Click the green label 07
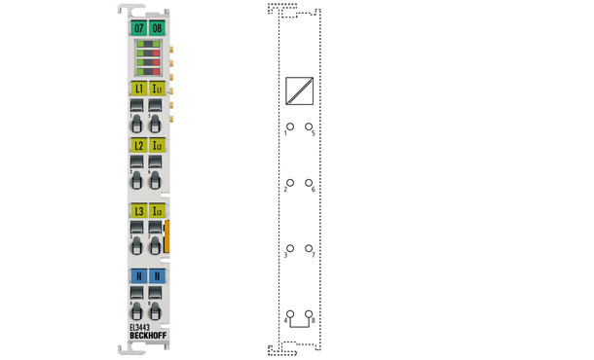point(139,28)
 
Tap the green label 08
point(156,28)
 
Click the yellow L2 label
point(139,145)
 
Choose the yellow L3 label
point(139,210)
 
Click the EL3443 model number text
point(141,328)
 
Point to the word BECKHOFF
point(147,337)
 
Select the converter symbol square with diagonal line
point(298,90)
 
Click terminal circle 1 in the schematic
point(288,126)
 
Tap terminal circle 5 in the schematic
point(309,126)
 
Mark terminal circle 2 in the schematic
point(288,183)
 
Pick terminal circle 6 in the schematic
point(309,183)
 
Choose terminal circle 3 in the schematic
point(288,248)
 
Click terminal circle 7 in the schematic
point(309,248)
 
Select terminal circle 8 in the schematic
point(309,313)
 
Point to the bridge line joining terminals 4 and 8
point(298,326)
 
